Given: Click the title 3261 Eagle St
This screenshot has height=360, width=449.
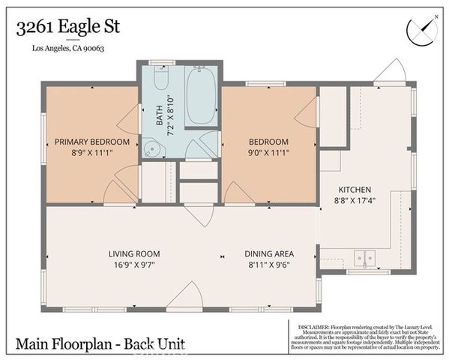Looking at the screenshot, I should [67, 28].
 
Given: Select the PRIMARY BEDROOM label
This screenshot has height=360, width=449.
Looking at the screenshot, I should [91, 142].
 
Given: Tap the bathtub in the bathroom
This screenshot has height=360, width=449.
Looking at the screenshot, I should [200, 96].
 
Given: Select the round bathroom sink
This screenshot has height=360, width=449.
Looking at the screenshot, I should [153, 148].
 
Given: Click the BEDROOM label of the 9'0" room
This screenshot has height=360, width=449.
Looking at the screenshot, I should [268, 142].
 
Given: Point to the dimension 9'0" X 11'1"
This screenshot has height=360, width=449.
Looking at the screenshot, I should [268, 152].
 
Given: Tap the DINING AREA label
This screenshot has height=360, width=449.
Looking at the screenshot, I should [271, 253].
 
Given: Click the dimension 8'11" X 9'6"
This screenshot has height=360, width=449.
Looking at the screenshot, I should [271, 264].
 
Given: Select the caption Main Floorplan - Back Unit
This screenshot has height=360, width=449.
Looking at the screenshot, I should [100, 345].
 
